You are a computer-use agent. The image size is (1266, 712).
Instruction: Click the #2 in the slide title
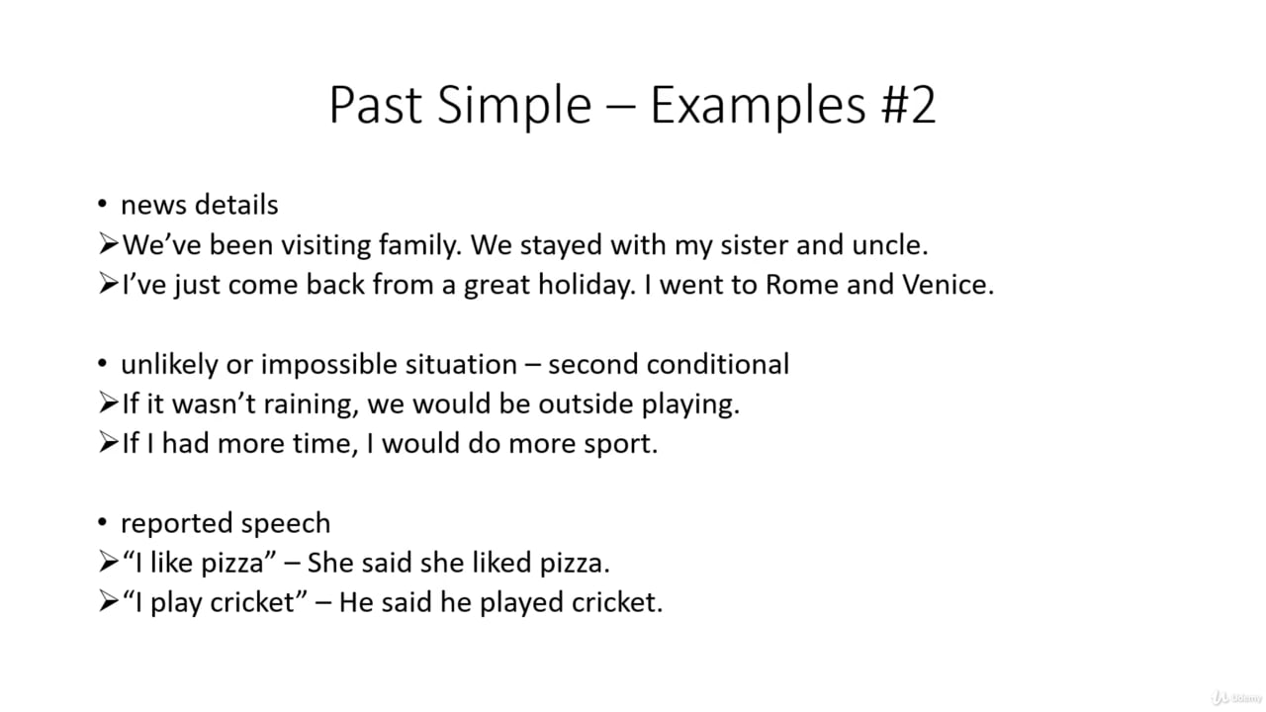(907, 105)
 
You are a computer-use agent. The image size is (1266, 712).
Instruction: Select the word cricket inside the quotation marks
(253, 602)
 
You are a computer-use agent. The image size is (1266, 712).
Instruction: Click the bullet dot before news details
(102, 205)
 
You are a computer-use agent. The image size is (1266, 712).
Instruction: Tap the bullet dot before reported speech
(102, 523)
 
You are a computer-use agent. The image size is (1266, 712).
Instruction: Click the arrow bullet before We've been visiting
(108, 244)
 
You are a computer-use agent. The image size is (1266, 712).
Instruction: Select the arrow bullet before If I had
(108, 443)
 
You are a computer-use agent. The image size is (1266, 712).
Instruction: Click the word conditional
(718, 364)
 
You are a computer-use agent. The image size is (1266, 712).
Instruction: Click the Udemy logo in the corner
(1235, 697)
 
